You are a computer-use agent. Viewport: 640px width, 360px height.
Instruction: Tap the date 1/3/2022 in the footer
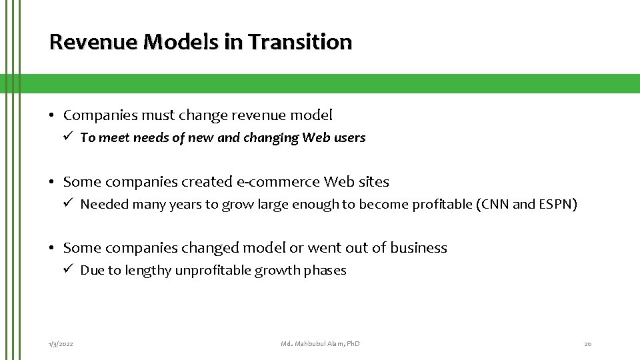click(x=61, y=343)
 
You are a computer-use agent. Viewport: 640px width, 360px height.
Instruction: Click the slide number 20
click(x=587, y=343)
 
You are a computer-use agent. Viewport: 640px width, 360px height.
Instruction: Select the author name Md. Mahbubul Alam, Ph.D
click(x=320, y=343)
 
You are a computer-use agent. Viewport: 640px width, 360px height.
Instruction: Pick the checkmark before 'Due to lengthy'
click(x=68, y=269)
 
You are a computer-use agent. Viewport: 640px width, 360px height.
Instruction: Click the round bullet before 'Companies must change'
click(x=52, y=116)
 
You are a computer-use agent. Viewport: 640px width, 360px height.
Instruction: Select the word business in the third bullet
click(x=419, y=248)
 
